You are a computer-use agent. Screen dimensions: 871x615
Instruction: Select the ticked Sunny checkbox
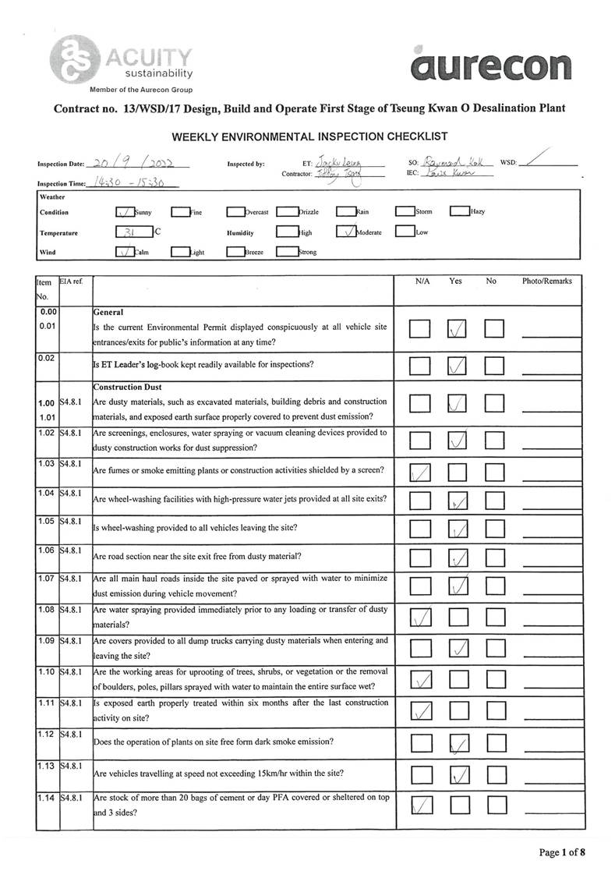(x=124, y=211)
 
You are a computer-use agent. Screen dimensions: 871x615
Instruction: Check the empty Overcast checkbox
(x=235, y=211)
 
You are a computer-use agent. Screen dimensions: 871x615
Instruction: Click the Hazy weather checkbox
(x=459, y=211)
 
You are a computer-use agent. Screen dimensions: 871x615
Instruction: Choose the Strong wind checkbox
(x=286, y=253)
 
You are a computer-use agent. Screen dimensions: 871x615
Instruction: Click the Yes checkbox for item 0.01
(x=458, y=330)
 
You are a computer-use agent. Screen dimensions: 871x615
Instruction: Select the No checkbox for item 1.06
(x=494, y=558)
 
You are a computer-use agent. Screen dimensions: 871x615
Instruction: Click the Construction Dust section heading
(x=127, y=387)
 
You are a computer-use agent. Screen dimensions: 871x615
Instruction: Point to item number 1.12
(x=45, y=734)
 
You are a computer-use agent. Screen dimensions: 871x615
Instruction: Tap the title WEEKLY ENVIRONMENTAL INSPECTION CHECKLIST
(x=309, y=137)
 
